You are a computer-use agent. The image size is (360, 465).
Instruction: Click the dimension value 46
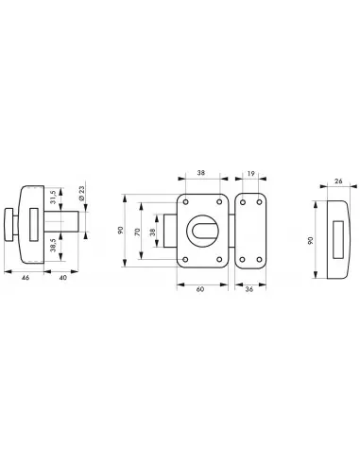pos(26,278)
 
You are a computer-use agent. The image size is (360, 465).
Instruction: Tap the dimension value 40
pos(63,278)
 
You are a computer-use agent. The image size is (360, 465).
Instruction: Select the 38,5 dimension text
pos(53,245)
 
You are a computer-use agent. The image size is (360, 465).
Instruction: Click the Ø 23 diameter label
pos(81,194)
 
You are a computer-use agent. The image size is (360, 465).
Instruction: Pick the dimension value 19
pos(250,173)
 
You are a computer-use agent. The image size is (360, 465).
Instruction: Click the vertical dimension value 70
pos(137,232)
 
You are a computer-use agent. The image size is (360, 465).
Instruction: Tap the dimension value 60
pos(200,289)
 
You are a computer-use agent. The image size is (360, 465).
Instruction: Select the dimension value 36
pos(249,289)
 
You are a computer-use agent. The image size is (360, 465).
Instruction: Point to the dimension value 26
pos(338,181)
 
